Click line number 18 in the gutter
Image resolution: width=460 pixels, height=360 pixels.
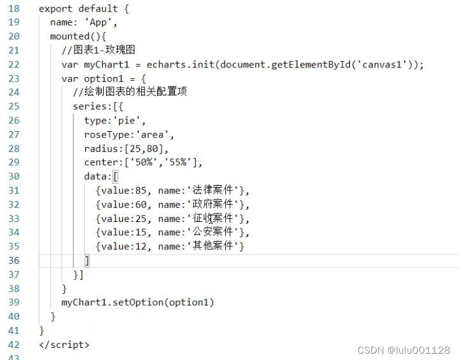pos(13,8)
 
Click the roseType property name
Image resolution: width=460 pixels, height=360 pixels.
pos(106,134)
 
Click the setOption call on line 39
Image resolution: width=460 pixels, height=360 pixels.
pos(137,302)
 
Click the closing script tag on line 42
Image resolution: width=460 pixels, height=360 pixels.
pos(64,344)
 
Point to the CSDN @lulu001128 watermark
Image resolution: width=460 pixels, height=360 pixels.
pos(404,350)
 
